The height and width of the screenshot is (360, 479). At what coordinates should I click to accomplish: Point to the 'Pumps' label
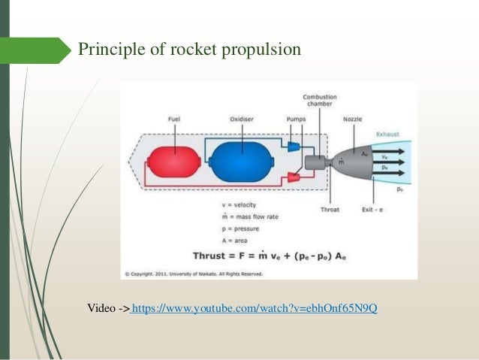[297, 118]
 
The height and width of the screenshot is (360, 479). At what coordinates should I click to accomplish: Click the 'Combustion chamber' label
[320, 101]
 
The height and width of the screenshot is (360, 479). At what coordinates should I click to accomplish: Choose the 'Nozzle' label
[352, 118]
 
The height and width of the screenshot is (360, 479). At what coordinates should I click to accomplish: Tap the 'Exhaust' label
[388, 135]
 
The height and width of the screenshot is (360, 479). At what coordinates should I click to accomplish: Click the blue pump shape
[294, 144]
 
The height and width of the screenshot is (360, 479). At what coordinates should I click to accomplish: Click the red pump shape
[294, 178]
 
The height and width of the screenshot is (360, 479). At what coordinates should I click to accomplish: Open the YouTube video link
[254, 307]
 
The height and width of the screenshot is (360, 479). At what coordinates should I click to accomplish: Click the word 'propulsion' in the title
[261, 50]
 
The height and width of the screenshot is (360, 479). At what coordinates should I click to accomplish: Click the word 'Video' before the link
[103, 307]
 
